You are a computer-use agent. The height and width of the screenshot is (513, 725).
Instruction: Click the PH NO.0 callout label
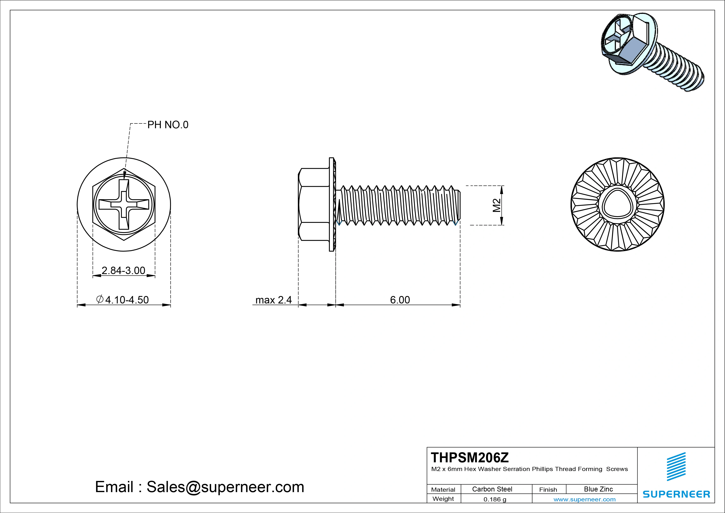coord(168,125)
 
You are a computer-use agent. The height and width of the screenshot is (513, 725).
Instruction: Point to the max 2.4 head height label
coord(273,300)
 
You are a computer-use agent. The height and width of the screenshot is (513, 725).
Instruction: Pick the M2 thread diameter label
coord(497,205)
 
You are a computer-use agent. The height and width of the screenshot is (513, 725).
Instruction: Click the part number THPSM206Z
coord(470,457)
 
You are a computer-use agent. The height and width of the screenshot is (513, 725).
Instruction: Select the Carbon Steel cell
coord(492,489)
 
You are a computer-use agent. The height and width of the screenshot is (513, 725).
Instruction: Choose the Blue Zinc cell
coord(598,489)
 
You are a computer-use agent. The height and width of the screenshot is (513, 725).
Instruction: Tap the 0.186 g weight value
coord(495,499)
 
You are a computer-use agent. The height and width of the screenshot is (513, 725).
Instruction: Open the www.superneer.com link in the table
coord(584,499)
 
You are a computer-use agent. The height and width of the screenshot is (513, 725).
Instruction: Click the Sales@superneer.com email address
coord(225,487)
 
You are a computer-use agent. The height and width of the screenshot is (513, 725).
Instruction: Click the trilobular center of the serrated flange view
coord(617,205)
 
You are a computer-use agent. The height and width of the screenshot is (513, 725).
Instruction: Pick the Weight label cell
coord(443,499)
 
